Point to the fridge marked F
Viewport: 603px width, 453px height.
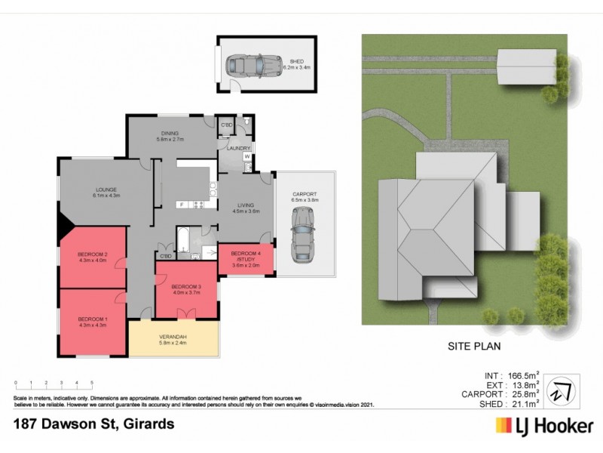(181, 205)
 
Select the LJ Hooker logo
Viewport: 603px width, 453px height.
(543, 427)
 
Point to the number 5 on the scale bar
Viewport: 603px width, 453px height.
(92, 384)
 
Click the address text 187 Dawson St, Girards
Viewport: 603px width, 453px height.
(94, 424)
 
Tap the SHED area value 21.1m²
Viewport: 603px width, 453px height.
(522, 403)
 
